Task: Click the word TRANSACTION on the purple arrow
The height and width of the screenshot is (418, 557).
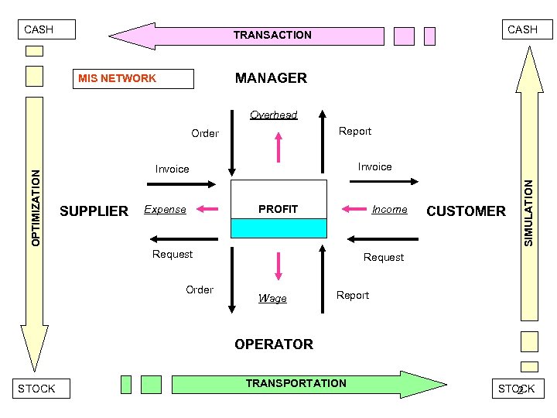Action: point(272,35)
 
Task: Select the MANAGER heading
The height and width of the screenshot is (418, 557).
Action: point(271,78)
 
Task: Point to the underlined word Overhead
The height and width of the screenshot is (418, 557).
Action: point(273,115)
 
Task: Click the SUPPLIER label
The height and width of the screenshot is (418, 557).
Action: point(94,211)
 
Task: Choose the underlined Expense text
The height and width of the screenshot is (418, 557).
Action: point(165,209)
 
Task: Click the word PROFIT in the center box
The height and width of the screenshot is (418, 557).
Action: point(278,209)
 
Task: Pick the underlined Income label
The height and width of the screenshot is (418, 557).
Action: point(389,209)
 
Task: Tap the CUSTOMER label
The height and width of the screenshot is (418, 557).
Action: point(466,211)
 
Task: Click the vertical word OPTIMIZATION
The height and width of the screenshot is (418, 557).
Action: point(36,207)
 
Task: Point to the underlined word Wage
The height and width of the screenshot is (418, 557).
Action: point(272,298)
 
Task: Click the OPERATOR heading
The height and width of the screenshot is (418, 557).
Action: point(274,344)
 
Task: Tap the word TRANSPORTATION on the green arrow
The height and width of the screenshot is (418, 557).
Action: point(296,383)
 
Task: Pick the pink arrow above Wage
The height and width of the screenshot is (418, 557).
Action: point(278,266)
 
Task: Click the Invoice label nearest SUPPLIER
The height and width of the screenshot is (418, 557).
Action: point(172,169)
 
